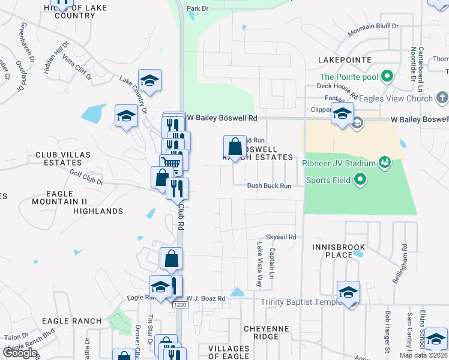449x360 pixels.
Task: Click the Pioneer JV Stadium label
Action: pos(339,163)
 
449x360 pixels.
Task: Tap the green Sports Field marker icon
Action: pos(360,179)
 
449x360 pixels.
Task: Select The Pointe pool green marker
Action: pos(387,77)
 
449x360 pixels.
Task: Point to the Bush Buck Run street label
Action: pos(269,186)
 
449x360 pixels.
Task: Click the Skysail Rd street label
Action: pos(282,238)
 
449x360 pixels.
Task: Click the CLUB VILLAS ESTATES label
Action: pos(63,158)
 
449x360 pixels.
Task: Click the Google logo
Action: pos(20,353)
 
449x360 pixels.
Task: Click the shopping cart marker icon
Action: pos(171,162)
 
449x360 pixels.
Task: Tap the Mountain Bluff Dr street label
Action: pos(373,28)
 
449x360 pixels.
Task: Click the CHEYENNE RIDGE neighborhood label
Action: pos(267,333)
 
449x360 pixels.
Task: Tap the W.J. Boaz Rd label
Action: pos(205,298)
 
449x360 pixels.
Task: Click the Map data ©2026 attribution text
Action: pos(422,355)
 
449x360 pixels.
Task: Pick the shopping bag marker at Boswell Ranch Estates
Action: pos(235,146)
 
